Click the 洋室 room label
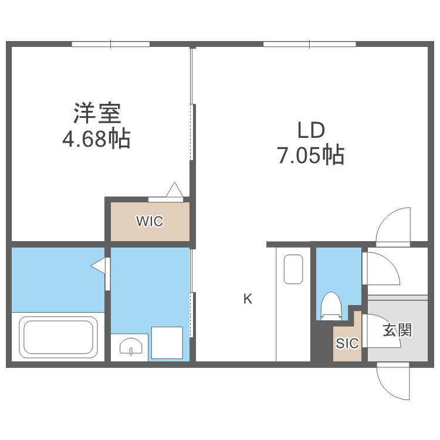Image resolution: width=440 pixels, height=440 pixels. click(x=97, y=112)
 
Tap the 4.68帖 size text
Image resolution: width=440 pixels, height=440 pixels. click(x=97, y=139)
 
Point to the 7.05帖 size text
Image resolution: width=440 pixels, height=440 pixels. click(x=310, y=155)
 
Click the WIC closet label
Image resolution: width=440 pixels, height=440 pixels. click(x=150, y=222)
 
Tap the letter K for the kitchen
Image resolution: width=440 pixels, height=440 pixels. click(x=248, y=299)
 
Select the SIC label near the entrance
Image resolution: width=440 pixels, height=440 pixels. click(x=346, y=344)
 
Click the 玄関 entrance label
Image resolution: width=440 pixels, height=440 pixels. click(x=397, y=330)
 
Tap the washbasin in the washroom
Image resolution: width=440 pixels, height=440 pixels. click(x=130, y=347)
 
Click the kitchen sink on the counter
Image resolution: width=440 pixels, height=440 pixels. click(x=293, y=269)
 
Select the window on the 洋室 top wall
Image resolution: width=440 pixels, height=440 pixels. click(x=111, y=44)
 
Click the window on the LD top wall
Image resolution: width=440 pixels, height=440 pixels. click(x=309, y=44)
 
